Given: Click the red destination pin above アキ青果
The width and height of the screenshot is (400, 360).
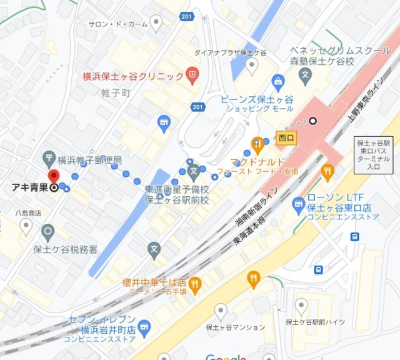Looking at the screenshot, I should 54,177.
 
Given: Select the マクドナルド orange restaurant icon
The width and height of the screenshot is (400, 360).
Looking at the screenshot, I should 256,142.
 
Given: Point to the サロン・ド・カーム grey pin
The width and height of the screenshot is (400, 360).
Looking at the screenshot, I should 156,24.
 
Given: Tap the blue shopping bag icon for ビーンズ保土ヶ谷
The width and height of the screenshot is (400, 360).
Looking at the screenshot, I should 278,81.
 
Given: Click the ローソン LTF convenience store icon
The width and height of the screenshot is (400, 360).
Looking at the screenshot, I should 298,203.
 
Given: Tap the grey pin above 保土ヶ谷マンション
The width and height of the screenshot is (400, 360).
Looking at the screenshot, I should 220,311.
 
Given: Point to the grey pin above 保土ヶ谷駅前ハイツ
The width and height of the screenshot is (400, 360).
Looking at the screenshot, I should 301,306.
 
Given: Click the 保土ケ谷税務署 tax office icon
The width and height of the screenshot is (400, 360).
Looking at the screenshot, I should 47,233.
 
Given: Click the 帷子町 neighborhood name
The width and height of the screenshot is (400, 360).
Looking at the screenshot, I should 116,92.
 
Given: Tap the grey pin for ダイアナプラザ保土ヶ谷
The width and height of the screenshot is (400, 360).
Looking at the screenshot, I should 251,65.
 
